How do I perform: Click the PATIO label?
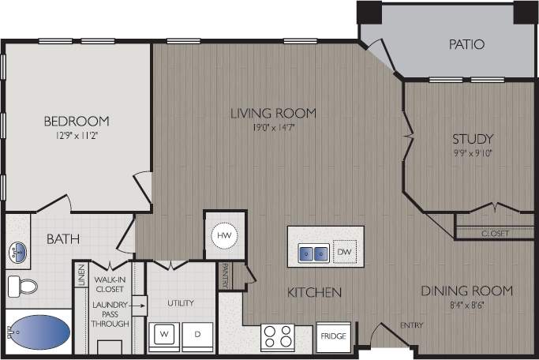(x=466, y=45)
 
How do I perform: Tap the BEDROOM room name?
(x=76, y=121)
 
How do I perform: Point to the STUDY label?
(x=473, y=139)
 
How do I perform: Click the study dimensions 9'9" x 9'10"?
(x=473, y=153)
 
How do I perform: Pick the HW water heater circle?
(x=223, y=234)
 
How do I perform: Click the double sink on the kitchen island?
(x=313, y=253)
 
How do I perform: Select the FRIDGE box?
(x=332, y=336)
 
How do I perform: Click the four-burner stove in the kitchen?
(x=278, y=336)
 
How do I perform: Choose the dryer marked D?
(x=198, y=336)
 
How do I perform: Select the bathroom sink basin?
(x=18, y=252)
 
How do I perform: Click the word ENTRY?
(x=411, y=325)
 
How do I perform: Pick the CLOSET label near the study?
(x=495, y=234)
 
